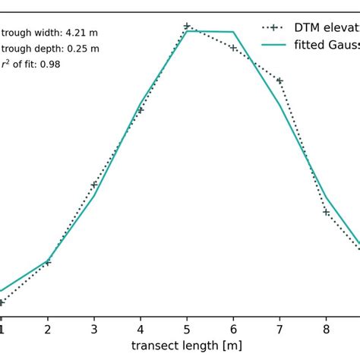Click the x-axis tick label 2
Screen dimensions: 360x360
point(48,330)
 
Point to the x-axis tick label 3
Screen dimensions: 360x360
point(94,330)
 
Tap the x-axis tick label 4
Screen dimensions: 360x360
point(141,330)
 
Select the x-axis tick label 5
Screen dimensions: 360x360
point(187,330)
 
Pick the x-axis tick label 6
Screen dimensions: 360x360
point(233,330)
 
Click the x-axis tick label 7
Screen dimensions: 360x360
point(279,330)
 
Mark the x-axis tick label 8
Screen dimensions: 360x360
point(326,330)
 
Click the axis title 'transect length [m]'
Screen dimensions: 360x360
point(187,346)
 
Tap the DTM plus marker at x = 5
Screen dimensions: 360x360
point(187,26)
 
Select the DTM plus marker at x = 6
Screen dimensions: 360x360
point(233,49)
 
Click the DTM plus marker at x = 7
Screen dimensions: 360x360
point(279,81)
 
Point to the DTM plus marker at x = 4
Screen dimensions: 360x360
point(141,110)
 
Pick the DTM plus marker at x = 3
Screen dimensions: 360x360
point(94,185)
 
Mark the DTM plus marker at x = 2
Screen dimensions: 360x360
point(48,263)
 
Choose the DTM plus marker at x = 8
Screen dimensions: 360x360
point(326,212)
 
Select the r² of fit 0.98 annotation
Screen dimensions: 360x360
point(30,65)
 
